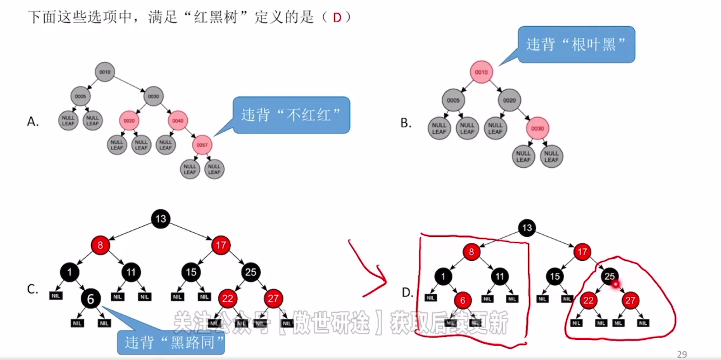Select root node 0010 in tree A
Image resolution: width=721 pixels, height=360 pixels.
pyautogui.click(x=105, y=72)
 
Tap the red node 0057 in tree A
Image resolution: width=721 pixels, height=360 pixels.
pyautogui.click(x=202, y=145)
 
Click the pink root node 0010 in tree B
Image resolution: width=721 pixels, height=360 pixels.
pyautogui.click(x=481, y=72)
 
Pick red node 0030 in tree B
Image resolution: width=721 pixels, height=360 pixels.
pyautogui.click(x=537, y=128)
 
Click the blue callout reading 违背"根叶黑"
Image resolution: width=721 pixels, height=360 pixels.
pyautogui.click(x=576, y=45)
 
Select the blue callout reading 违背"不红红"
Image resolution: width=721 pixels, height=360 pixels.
pyautogui.click(x=291, y=115)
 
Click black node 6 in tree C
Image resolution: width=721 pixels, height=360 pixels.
pyautogui.click(x=90, y=299)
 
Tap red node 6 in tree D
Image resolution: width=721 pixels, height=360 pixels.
pyautogui.click(x=462, y=301)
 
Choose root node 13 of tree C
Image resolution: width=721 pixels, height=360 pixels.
pyautogui.click(x=161, y=219)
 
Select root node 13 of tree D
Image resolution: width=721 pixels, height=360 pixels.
pyautogui.click(x=527, y=228)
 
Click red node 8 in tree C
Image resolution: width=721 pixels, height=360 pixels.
pyautogui.click(x=100, y=245)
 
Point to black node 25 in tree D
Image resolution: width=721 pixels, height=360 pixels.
pyautogui.click(x=609, y=276)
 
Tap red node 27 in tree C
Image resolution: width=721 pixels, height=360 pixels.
pyautogui.click(x=273, y=298)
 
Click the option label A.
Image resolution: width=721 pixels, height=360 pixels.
pyautogui.click(x=33, y=122)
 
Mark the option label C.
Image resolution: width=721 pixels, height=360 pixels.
pyautogui.click(x=32, y=289)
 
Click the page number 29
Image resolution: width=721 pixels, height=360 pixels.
pyautogui.click(x=682, y=354)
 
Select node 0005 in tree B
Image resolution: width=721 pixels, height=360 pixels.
pyautogui.click(x=453, y=101)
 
